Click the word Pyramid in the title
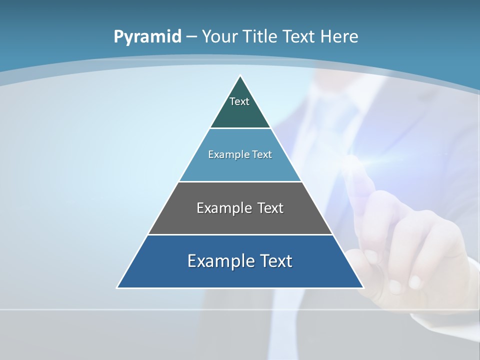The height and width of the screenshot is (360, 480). (x=147, y=37)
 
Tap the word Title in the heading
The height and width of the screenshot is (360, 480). (x=262, y=37)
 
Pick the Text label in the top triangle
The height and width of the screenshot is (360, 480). (x=239, y=101)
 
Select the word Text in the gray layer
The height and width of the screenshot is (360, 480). (x=270, y=208)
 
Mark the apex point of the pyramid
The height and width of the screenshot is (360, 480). (x=240, y=76)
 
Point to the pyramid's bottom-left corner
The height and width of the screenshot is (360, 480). (x=117, y=287)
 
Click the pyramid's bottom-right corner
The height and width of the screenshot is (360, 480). (x=363, y=287)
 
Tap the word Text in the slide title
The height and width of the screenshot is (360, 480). (x=299, y=37)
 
